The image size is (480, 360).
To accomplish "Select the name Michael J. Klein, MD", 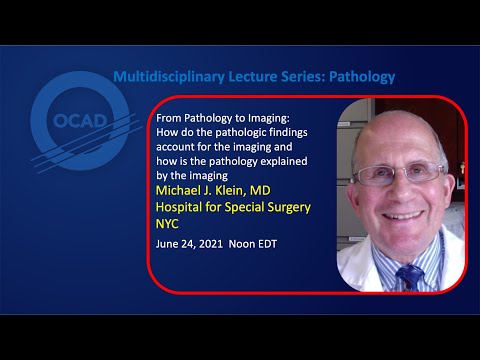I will [219, 190].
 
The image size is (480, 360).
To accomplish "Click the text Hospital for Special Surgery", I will [232, 207].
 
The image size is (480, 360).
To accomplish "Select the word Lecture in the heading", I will [245, 76].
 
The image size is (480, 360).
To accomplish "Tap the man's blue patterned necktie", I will [409, 274].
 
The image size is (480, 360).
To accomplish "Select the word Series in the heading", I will [296, 76].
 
